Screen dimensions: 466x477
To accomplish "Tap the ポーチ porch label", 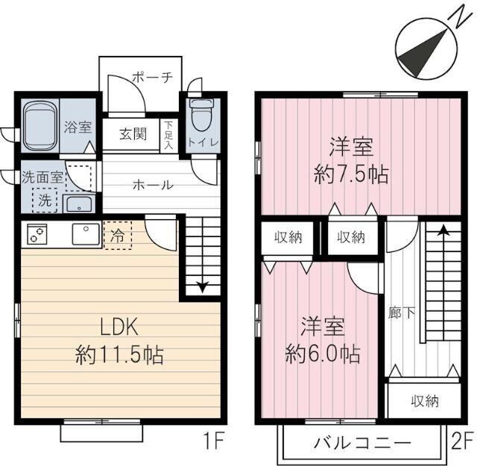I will pyautogui.click(x=153, y=76).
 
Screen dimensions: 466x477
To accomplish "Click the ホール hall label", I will pyautogui.click(x=154, y=185).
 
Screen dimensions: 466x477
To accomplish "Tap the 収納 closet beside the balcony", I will pyautogui.click(x=425, y=401).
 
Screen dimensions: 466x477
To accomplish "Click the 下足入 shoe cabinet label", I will pyautogui.click(x=169, y=135).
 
